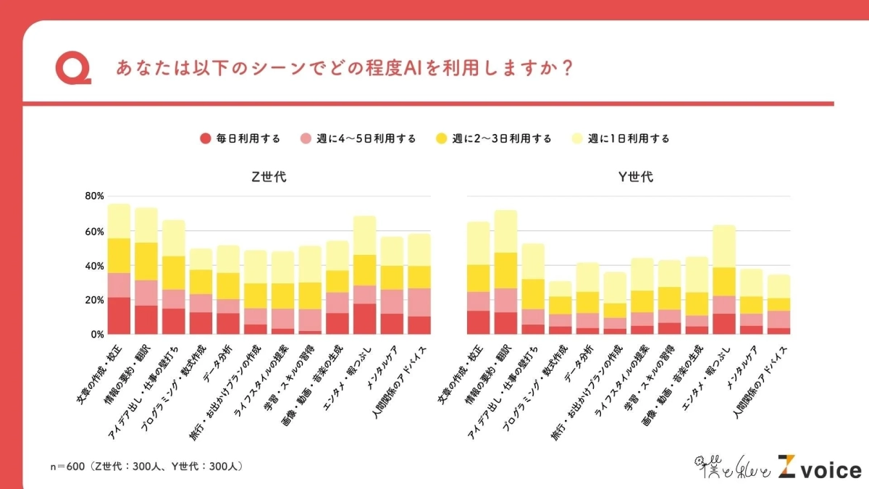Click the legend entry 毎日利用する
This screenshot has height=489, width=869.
coord(240,138)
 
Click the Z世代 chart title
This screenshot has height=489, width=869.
coord(268,177)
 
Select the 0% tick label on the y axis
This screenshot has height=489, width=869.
coord(97,335)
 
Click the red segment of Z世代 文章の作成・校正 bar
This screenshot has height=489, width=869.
coord(119,316)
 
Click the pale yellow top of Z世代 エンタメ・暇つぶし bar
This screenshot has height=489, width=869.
coord(364,235)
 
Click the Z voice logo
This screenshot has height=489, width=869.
coord(818,467)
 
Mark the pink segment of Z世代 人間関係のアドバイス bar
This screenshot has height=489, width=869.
coord(419,302)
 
